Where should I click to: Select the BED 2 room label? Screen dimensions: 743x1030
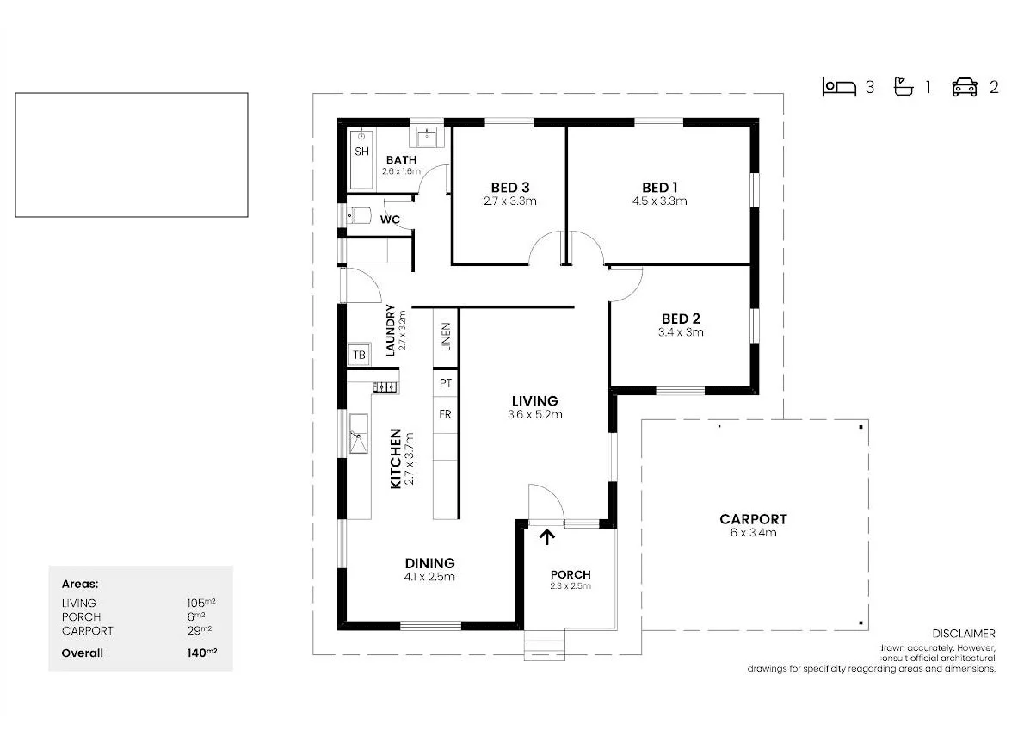[x=681, y=319]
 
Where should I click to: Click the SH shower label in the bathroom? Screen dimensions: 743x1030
[x=361, y=152]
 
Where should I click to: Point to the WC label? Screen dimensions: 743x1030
[x=390, y=220]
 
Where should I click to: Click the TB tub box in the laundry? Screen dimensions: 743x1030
[x=359, y=355]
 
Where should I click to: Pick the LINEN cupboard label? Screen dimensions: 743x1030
[x=445, y=337]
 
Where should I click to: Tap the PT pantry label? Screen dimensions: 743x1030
[x=445, y=382]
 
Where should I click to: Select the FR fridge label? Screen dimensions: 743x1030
[x=445, y=414]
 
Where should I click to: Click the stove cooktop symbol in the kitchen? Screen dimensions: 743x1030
[x=385, y=387]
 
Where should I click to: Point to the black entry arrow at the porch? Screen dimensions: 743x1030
[x=546, y=537]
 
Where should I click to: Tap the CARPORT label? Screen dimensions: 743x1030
[x=753, y=519]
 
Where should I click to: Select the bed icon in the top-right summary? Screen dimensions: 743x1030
[x=839, y=87]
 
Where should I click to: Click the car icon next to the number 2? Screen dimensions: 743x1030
[x=965, y=87]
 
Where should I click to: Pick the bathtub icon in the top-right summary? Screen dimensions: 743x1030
[x=903, y=87]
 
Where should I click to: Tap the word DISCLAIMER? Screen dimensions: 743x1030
[x=964, y=634]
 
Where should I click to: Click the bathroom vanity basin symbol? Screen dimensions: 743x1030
[x=427, y=138]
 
